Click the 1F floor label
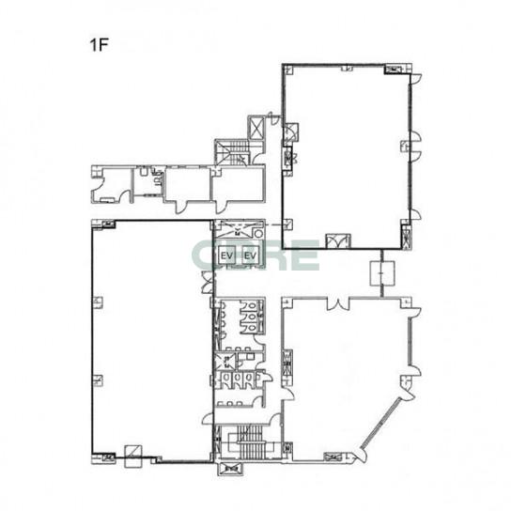pyautogui.click(x=99, y=45)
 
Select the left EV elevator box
pyautogui.click(x=227, y=255)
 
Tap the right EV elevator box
pyautogui.click(x=250, y=255)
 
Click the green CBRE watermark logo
pyautogui.click(x=255, y=255)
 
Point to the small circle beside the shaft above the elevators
pyautogui.click(x=258, y=234)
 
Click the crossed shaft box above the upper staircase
pyautogui.click(x=256, y=128)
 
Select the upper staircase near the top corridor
pyautogui.click(x=232, y=152)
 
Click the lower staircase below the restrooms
pyautogui.click(x=249, y=442)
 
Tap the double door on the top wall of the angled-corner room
pyautogui.click(x=338, y=303)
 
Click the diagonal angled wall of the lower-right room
pyautogui.click(x=380, y=423)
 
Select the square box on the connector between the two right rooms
pyautogui.click(x=382, y=273)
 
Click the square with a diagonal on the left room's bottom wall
pyautogui.click(x=133, y=456)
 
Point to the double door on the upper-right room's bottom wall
pyautogui.click(x=338, y=241)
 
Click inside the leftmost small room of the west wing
pyautogui.click(x=112, y=185)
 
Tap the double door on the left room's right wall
pyautogui.click(x=208, y=282)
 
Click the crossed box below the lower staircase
pyautogui.click(x=231, y=470)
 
